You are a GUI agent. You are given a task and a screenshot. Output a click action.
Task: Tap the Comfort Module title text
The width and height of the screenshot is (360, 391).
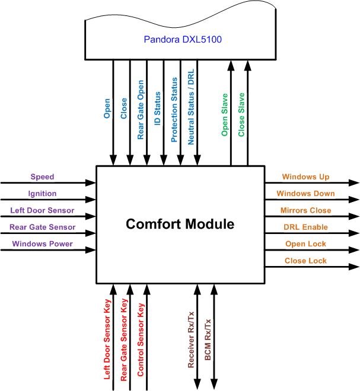point(180,224)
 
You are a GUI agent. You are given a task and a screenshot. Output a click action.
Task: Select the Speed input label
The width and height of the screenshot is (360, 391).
point(42,177)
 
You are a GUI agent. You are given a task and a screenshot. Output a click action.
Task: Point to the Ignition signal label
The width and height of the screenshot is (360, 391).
point(42,193)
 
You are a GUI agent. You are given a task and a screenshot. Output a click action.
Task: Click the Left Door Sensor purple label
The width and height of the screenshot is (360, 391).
point(42,210)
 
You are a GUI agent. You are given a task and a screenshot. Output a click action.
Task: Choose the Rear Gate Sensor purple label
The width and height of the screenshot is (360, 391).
point(42,226)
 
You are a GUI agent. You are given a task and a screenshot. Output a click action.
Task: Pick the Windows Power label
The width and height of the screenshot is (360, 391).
point(42,243)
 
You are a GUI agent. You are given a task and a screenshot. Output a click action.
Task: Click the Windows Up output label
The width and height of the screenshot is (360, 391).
point(305,177)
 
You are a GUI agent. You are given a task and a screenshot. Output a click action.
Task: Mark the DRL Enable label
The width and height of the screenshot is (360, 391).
point(305,227)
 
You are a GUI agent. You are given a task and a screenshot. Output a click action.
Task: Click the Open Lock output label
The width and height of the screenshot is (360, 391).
point(305,243)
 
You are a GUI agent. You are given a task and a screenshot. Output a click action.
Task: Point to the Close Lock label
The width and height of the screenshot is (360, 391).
point(305,260)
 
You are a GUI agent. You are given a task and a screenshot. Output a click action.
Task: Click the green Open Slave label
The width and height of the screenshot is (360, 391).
point(225,118)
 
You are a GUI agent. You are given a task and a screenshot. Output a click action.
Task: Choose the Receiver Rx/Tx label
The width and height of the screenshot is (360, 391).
point(191,342)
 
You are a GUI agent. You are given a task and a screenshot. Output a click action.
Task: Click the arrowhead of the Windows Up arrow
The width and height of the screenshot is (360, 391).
point(354,183)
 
